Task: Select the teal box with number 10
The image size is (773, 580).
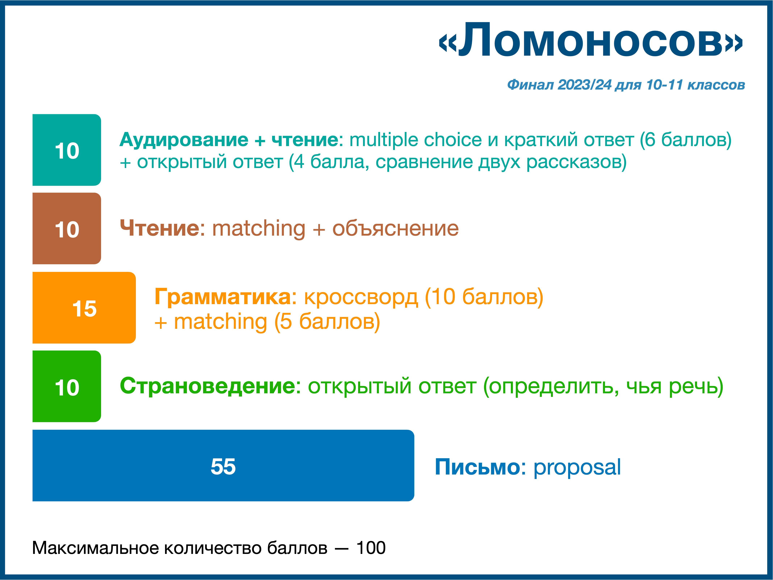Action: coord(67,150)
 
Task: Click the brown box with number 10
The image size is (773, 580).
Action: coord(67,229)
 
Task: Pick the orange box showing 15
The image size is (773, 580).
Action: coord(84,308)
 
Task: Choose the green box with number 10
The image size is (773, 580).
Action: coord(67,386)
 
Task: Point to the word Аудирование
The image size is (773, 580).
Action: coord(184,140)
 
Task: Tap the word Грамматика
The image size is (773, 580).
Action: coord(223,297)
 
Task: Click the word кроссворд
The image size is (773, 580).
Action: coord(361,297)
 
